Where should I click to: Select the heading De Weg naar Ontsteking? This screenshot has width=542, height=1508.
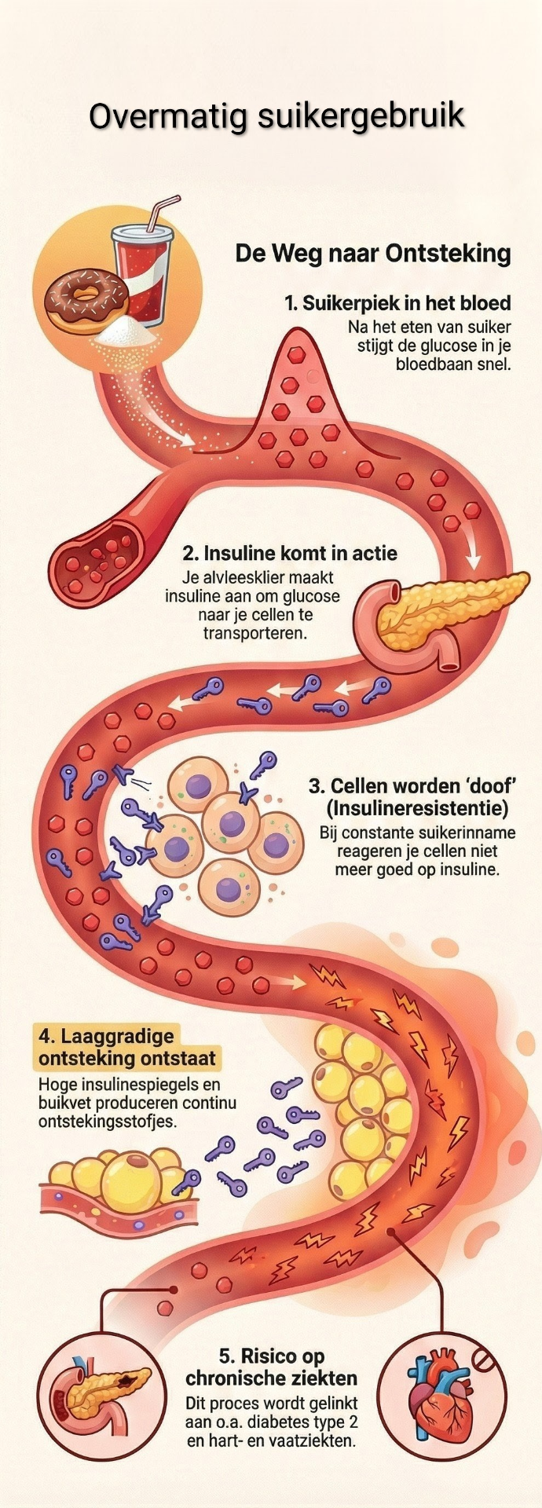(x=373, y=254)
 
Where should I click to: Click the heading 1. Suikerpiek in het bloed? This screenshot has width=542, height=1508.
(x=397, y=303)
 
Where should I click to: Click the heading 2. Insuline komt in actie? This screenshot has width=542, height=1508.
(x=290, y=553)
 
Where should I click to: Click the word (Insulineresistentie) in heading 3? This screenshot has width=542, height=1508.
(x=417, y=807)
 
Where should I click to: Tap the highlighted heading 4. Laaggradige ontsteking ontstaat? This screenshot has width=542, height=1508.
(x=126, y=1047)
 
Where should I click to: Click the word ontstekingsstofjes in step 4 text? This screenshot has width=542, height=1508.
(x=108, y=1122)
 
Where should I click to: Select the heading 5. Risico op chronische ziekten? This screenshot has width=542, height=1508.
(x=271, y=1367)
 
